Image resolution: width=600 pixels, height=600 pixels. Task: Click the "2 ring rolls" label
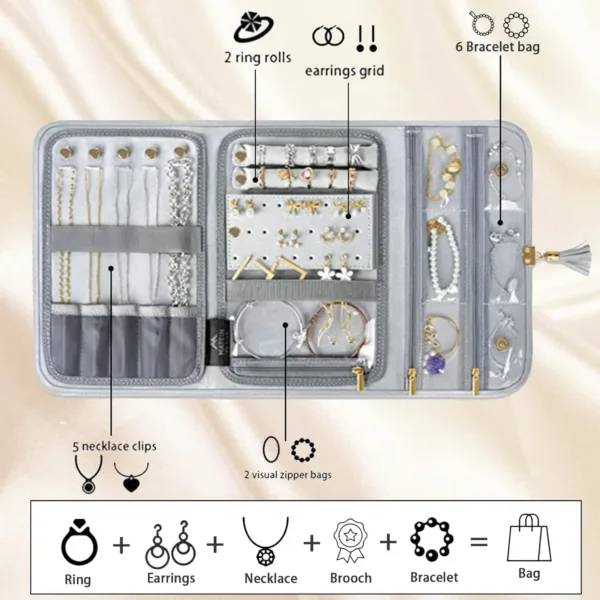tap(258, 58)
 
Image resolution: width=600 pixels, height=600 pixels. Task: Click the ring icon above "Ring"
tap(79, 541)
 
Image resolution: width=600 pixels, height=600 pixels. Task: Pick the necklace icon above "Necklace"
tap(265, 541)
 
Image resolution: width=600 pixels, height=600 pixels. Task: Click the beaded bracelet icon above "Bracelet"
tap(433, 541)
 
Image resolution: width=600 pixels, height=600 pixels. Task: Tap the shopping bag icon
tap(528, 537)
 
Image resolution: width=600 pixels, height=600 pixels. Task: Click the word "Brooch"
tap(350, 578)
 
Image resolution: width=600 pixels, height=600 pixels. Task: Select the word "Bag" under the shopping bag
tap(528, 573)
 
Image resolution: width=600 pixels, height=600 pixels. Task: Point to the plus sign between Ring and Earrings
tap(122, 544)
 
